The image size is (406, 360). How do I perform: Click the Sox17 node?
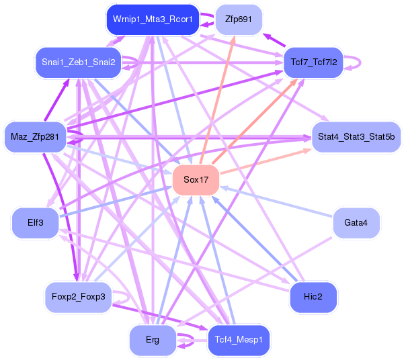[196, 180]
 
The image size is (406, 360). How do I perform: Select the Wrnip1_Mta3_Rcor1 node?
[153, 19]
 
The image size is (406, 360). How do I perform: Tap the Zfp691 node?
[239, 19]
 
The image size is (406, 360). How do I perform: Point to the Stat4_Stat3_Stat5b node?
[356, 137]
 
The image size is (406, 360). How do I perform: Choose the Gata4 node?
[356, 223]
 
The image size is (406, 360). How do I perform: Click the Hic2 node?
[313, 296]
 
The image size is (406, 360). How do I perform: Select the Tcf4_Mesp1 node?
[239, 340]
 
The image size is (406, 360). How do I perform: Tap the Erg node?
[153, 340]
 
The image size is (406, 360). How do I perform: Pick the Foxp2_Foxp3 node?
[78, 296]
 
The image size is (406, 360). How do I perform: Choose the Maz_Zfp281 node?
[35, 137]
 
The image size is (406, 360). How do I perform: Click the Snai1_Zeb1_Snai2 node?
[78, 62]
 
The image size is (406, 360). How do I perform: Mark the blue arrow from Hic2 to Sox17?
[255, 239]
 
